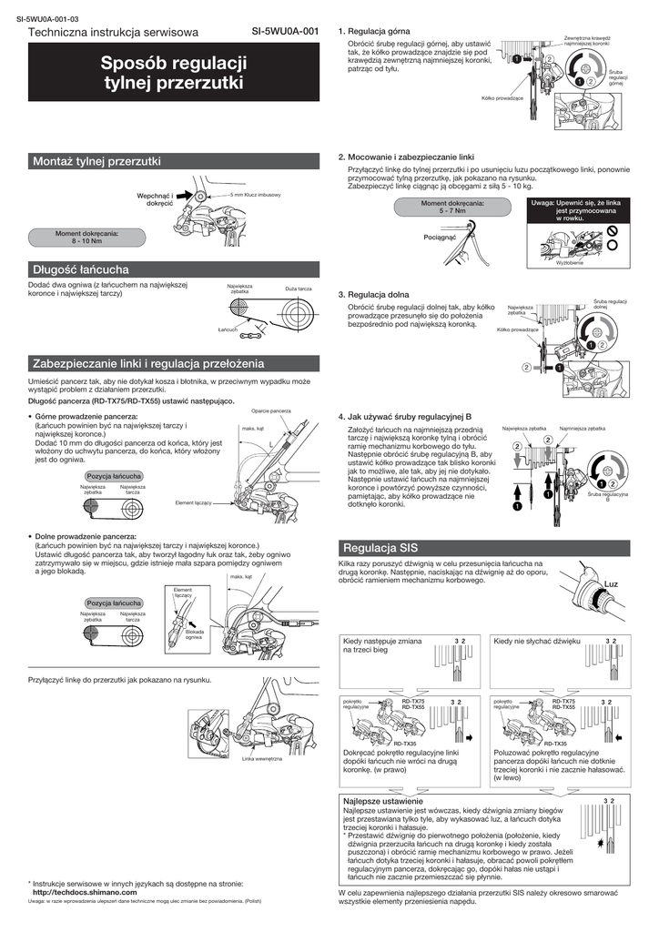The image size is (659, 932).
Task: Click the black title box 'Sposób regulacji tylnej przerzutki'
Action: click(x=174, y=74)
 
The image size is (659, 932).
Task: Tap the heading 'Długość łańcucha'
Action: click(x=81, y=269)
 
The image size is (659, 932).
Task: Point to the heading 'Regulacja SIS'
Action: click(x=380, y=548)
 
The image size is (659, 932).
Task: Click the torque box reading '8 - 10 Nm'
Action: click(x=87, y=238)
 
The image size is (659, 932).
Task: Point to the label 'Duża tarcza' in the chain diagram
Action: click(x=298, y=288)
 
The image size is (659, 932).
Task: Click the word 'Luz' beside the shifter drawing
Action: click(x=611, y=583)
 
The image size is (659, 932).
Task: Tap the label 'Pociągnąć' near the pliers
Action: click(x=440, y=237)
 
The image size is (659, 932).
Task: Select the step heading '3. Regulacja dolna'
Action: click(x=373, y=295)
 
